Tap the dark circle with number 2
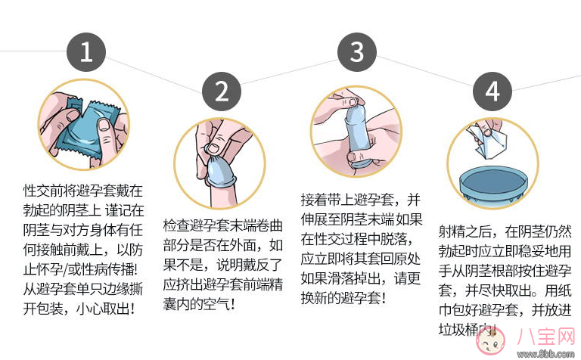(x=221, y=92)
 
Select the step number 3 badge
(x=357, y=52)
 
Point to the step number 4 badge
(x=492, y=92)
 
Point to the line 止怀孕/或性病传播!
(x=83, y=269)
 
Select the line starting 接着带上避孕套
(x=360, y=200)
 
